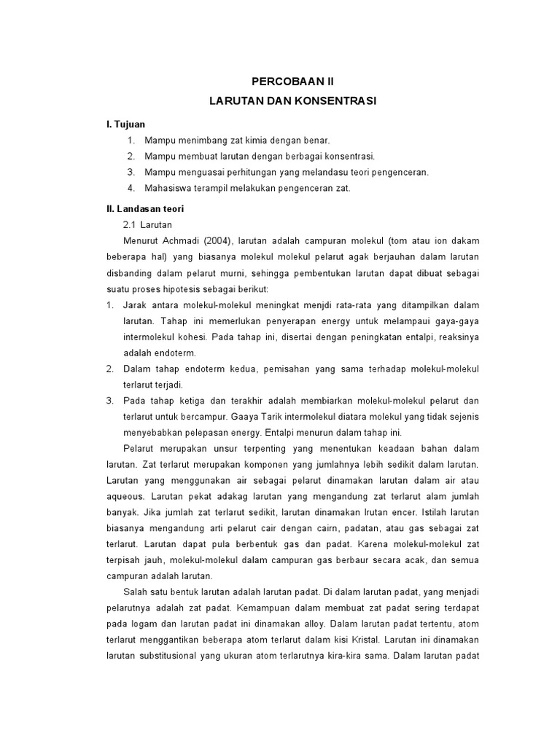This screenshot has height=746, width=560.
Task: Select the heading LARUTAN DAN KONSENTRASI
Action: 292,101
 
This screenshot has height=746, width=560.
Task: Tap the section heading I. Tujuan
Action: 125,125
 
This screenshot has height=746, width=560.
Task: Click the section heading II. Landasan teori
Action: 147,208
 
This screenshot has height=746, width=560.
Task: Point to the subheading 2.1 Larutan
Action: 148,224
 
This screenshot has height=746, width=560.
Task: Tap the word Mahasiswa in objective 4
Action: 169,188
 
